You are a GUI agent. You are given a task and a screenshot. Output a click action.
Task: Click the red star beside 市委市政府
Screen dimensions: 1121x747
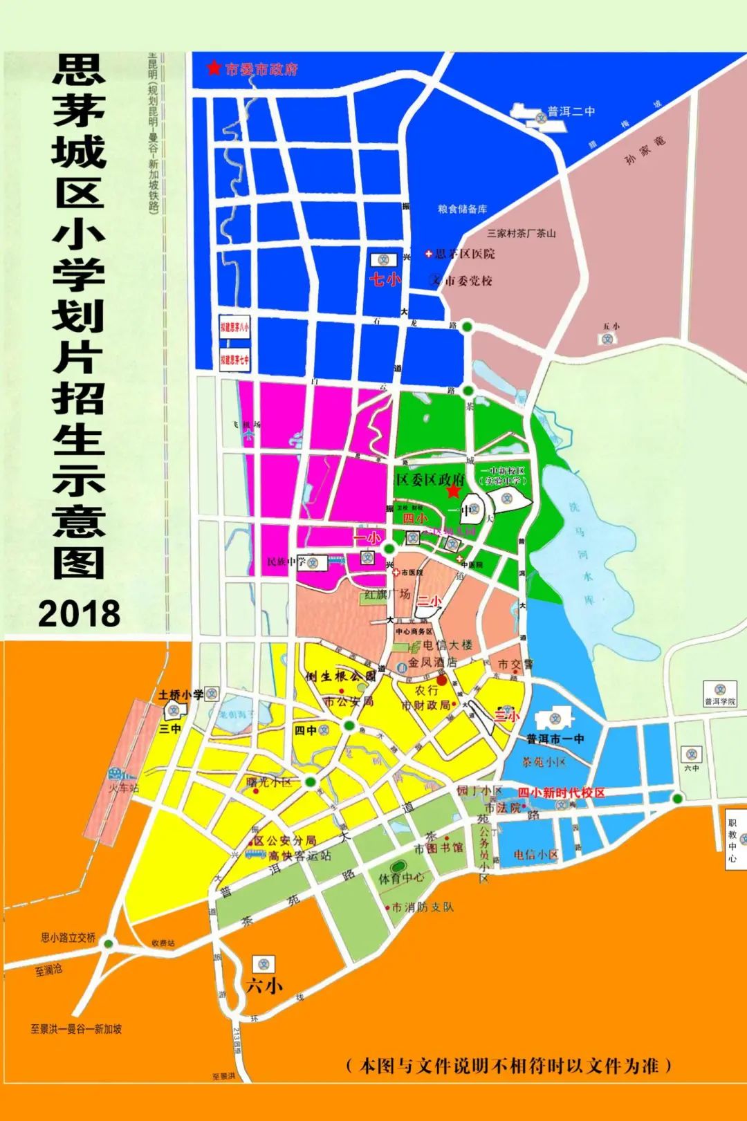click(x=214, y=68)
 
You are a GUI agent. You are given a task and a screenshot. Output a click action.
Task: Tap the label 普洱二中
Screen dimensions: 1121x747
click(x=571, y=111)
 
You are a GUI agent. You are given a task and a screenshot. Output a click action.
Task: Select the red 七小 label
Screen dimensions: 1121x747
click(x=384, y=279)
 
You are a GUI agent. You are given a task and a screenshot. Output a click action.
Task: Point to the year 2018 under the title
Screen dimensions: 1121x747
click(x=80, y=613)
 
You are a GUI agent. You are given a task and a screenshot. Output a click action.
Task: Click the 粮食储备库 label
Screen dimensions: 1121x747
click(x=462, y=209)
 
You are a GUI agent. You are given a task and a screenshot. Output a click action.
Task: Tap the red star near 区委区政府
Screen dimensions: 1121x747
click(x=453, y=490)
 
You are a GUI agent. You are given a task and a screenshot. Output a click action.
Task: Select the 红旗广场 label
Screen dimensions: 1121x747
click(x=387, y=594)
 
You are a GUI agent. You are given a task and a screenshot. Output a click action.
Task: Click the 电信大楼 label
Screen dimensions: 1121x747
click(x=448, y=645)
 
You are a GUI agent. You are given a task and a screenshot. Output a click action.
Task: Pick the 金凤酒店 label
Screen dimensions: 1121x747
click(x=432, y=662)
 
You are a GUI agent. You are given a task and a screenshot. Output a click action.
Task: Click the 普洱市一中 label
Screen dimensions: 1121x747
click(x=555, y=739)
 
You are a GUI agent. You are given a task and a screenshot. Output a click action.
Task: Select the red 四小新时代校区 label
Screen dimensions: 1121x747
click(x=562, y=793)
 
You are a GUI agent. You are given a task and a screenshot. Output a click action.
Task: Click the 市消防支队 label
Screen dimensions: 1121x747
click(x=423, y=907)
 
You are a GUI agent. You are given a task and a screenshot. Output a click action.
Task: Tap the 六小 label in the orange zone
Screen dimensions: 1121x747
click(x=264, y=985)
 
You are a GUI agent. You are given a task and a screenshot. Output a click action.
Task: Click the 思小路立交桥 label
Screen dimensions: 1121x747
click(x=68, y=938)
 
